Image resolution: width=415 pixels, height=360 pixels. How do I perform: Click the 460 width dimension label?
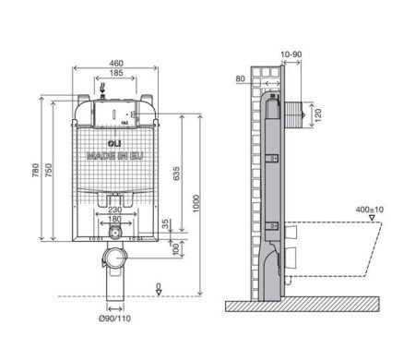(x=115, y=62)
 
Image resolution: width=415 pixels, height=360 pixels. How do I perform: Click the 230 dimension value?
(x=113, y=210)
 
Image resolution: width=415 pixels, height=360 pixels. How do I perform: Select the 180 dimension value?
(x=113, y=220)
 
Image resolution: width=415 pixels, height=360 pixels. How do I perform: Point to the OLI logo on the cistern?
(x=113, y=145)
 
